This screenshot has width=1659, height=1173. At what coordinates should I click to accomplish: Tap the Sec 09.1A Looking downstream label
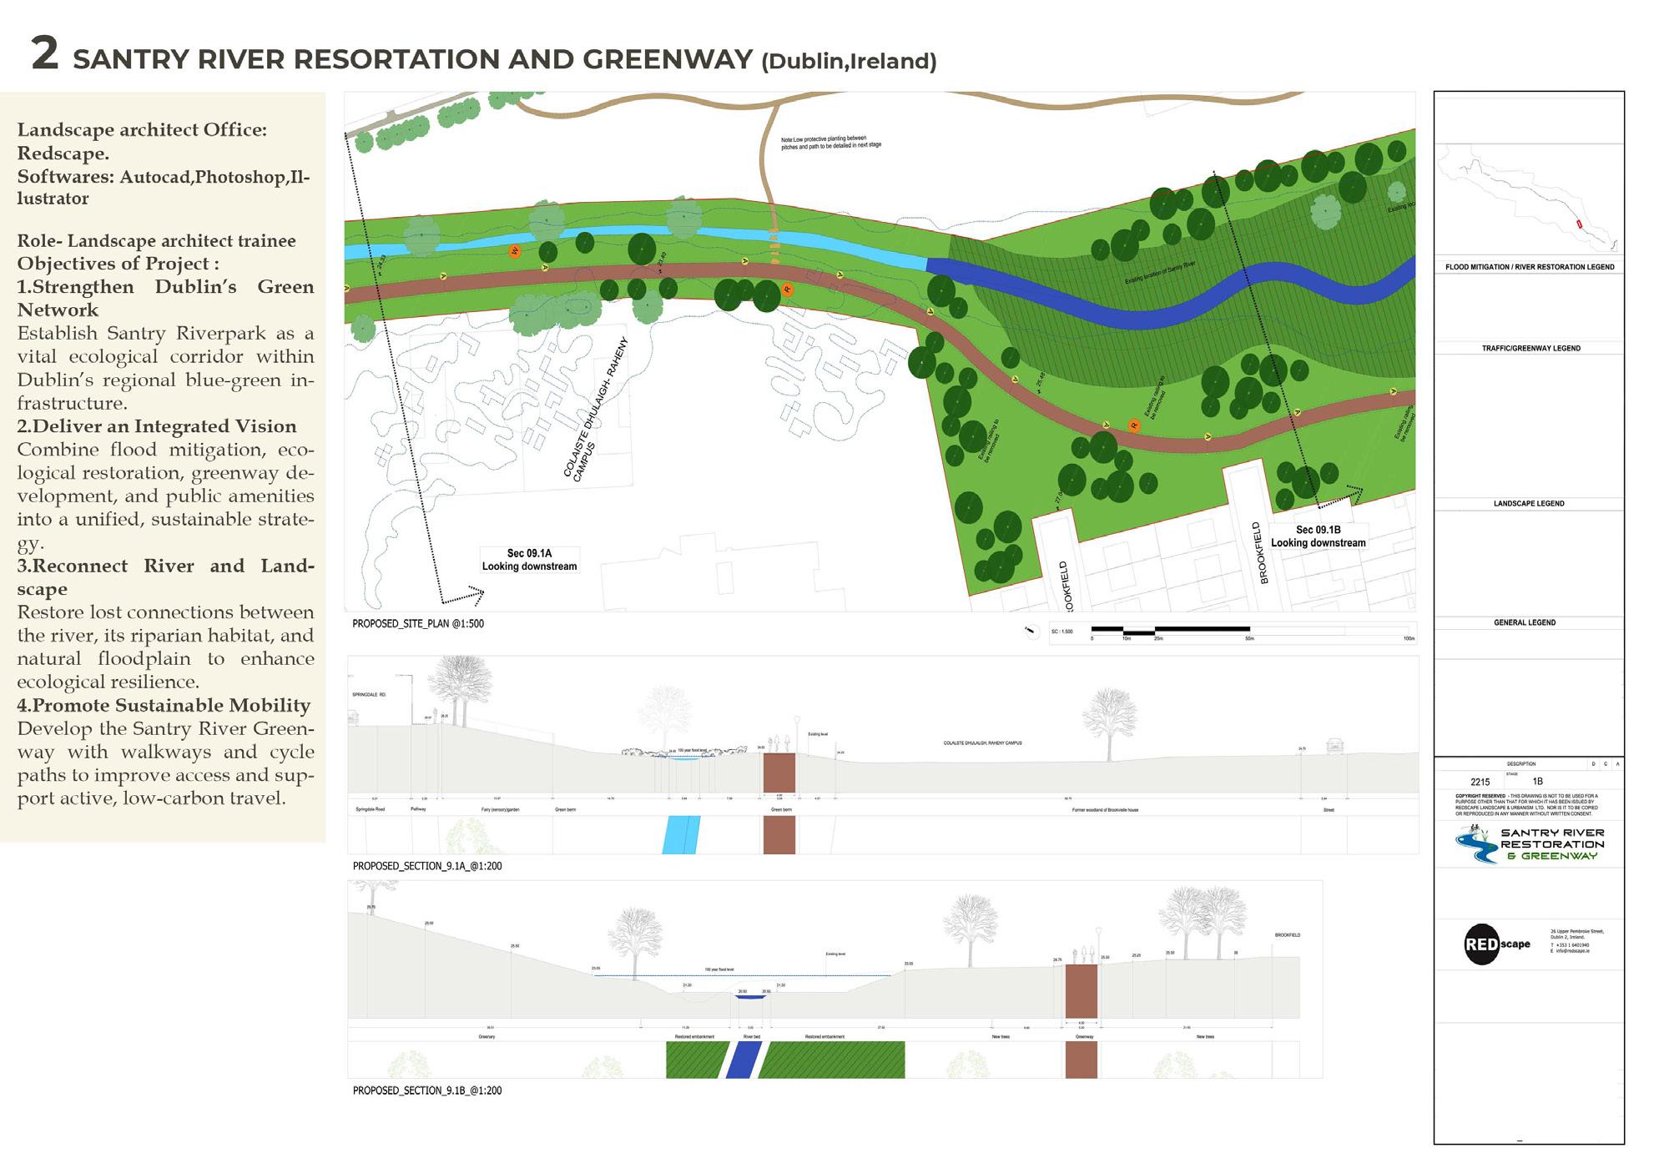pyautogui.click(x=529, y=560)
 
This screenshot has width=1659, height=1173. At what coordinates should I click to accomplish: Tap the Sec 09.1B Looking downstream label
pyautogui.click(x=1318, y=536)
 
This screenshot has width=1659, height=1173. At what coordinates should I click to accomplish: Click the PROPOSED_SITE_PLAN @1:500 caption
pyautogui.click(x=417, y=623)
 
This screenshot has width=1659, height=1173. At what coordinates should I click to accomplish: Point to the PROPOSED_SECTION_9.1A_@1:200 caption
pyautogui.click(x=426, y=866)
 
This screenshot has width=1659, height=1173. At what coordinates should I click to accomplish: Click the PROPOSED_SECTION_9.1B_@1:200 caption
pyautogui.click(x=426, y=1090)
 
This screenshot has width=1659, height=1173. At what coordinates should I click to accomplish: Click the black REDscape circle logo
pyautogui.click(x=1482, y=945)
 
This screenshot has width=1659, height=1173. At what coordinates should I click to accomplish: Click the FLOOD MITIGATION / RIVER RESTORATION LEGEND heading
pyautogui.click(x=1530, y=267)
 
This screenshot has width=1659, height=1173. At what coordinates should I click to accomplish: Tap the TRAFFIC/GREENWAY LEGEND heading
pyautogui.click(x=1530, y=348)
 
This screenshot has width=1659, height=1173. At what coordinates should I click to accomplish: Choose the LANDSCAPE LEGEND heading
pyautogui.click(x=1529, y=504)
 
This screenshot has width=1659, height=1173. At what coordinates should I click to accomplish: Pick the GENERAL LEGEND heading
pyautogui.click(x=1525, y=622)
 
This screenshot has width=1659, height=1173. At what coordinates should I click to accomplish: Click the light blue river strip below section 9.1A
pyautogui.click(x=681, y=834)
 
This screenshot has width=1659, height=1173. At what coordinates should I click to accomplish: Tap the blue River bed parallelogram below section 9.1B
pyautogui.click(x=743, y=1060)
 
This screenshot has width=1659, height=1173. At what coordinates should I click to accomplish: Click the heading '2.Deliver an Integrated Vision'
pyautogui.click(x=157, y=426)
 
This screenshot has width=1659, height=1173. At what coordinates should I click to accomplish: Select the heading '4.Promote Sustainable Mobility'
pyautogui.click(x=164, y=706)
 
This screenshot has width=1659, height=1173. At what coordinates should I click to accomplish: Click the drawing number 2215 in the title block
pyautogui.click(x=1480, y=782)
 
